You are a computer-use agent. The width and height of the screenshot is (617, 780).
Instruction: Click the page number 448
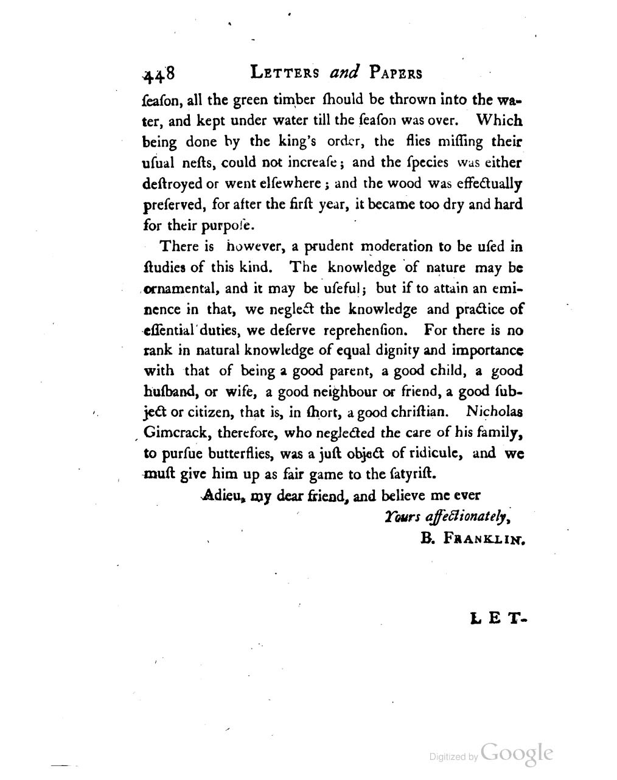pyautogui.click(x=159, y=74)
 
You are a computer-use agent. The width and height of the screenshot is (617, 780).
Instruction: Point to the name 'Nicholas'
pyautogui.click(x=493, y=412)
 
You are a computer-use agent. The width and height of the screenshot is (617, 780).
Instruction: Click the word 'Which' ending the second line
pyautogui.click(x=499, y=122)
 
